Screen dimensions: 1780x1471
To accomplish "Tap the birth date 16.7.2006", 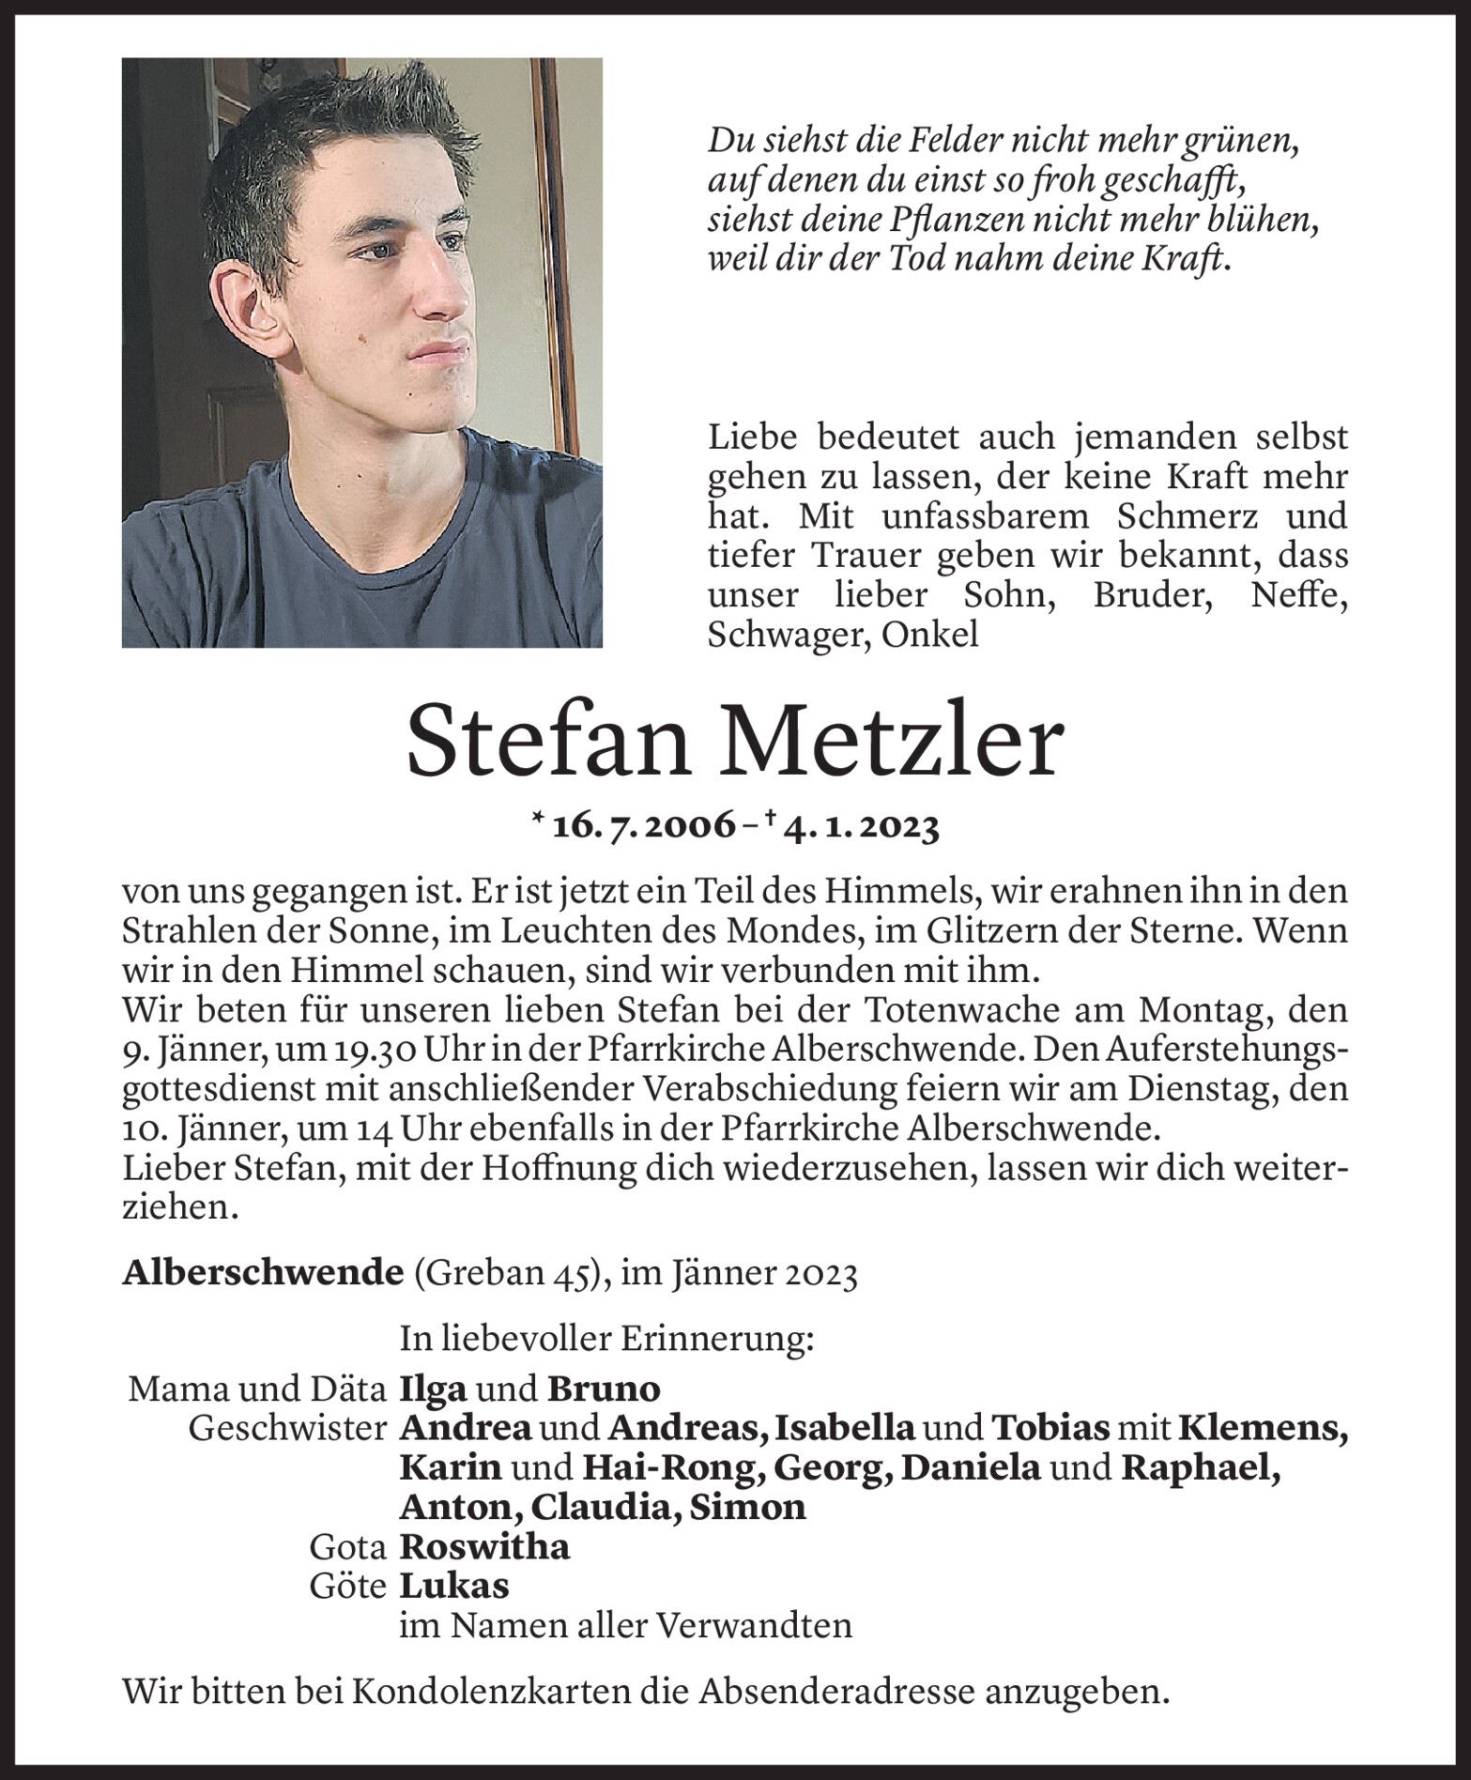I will coord(644,827).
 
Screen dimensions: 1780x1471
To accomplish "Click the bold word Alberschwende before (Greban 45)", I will coord(256,1274).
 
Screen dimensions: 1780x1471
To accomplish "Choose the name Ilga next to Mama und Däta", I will coord(433,1388).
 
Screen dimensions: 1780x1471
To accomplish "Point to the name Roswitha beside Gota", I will coord(484,1546).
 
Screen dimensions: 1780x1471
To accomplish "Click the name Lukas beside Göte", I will coord(454,1586).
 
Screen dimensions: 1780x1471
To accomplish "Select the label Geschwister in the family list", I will coord(287,1428).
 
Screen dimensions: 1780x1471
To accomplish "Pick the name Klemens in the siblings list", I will coord(1262,1428).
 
